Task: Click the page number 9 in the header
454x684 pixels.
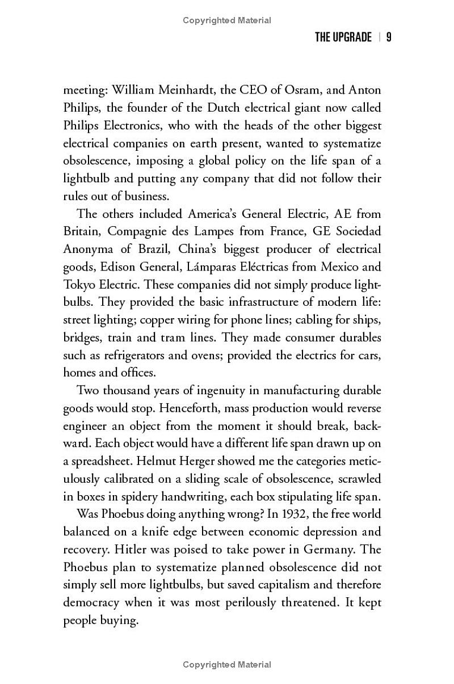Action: point(389,38)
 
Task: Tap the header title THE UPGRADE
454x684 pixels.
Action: point(343,38)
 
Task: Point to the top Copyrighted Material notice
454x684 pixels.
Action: point(227,20)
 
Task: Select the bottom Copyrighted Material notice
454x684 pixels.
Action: point(227,665)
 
